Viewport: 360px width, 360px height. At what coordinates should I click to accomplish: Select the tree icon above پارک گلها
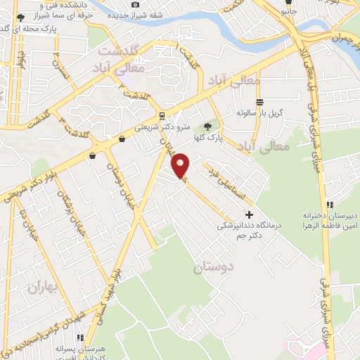208,127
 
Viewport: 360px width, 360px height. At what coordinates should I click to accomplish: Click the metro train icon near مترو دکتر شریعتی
163,116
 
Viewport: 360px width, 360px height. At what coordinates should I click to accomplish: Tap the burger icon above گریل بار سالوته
259,101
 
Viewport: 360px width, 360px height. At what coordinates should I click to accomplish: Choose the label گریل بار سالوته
259,112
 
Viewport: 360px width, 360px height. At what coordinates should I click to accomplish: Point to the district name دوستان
212,267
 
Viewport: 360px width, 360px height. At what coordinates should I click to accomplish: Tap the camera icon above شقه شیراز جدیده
135,5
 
